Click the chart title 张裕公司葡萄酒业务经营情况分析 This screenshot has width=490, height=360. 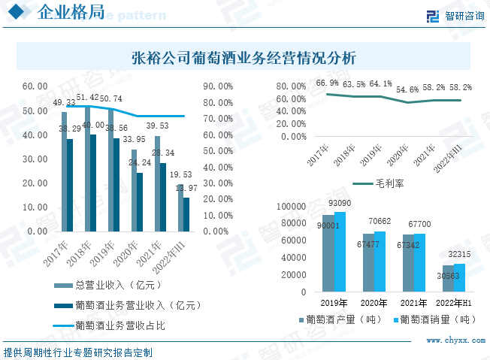(x=243, y=57)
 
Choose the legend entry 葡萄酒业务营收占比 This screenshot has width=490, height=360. (x=119, y=325)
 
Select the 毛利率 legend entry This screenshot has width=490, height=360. (x=389, y=183)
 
